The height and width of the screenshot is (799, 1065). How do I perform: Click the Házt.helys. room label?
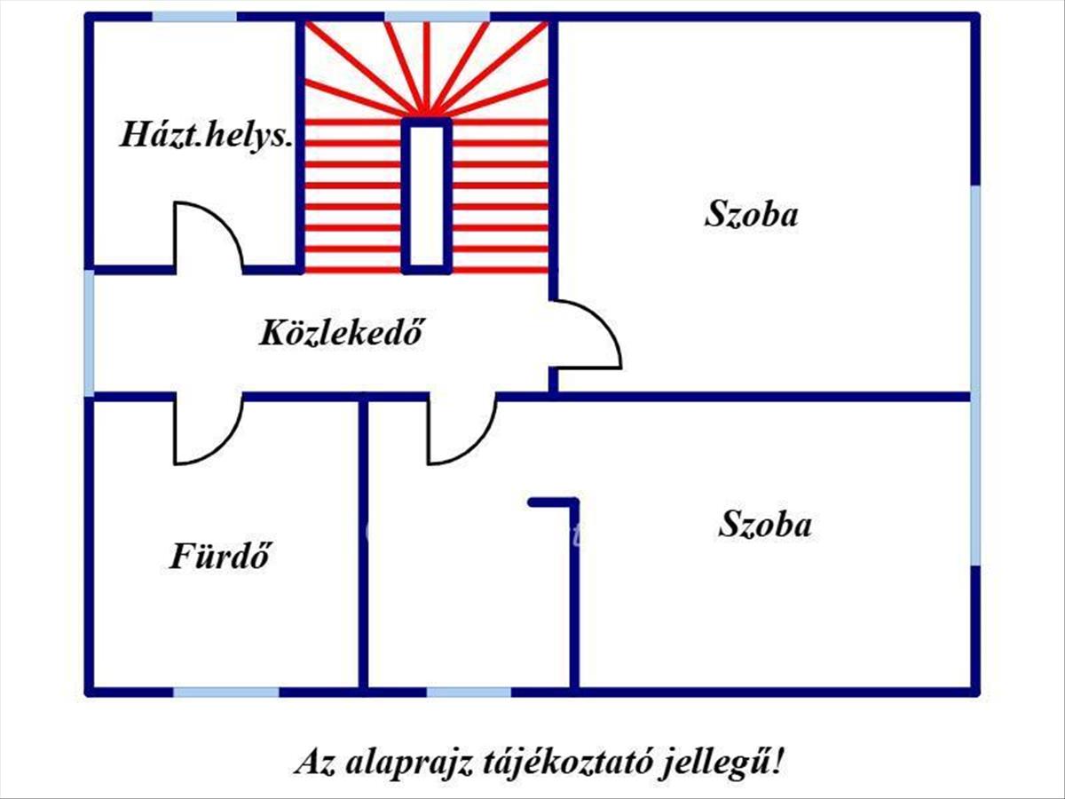[x=207, y=137]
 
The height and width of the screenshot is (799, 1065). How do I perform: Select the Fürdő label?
[x=219, y=557]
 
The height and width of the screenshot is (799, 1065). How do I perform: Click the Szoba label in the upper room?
[x=752, y=215]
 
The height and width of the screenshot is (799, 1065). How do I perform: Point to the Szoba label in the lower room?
[x=764, y=525]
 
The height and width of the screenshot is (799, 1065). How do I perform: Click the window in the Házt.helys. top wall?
[x=194, y=16]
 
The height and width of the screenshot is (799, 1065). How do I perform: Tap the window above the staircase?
[x=437, y=16]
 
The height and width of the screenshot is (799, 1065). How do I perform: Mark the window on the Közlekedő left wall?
[x=89, y=332]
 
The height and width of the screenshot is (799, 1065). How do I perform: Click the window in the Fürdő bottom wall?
[x=225, y=692]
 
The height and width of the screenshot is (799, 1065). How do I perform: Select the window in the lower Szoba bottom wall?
[x=469, y=692]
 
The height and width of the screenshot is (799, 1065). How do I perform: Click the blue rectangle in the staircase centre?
[x=427, y=195]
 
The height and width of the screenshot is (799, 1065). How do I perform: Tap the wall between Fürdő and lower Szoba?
[x=363, y=543]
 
